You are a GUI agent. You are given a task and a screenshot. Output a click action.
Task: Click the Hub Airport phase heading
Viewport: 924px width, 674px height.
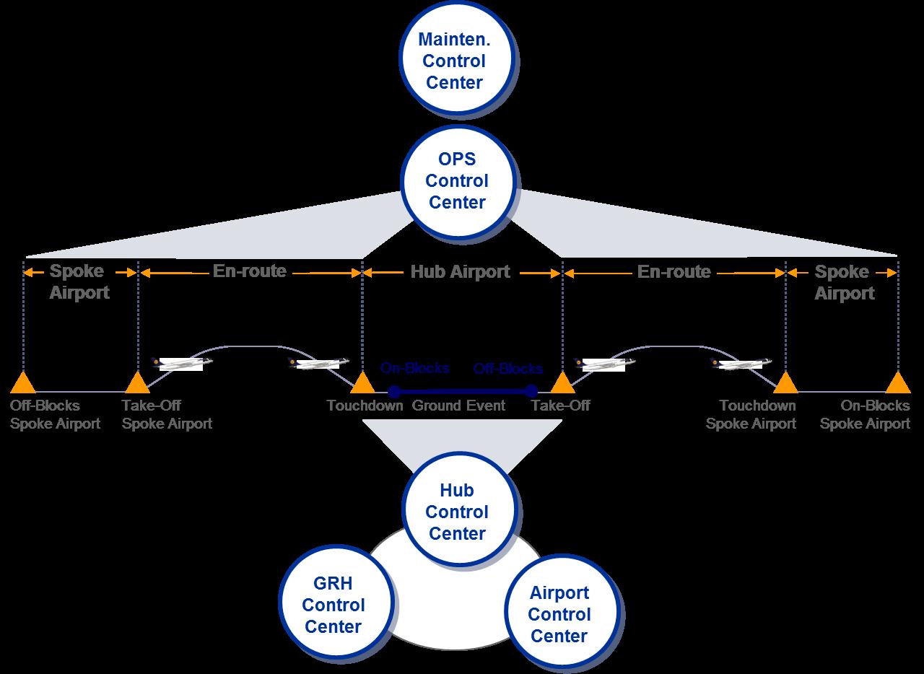click(460, 272)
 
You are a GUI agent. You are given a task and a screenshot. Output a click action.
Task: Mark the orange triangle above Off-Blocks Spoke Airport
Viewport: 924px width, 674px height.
click(23, 382)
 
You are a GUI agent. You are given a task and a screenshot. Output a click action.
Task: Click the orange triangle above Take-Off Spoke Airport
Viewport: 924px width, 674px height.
click(137, 382)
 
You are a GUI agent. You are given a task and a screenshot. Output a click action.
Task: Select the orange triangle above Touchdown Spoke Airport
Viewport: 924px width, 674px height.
click(785, 382)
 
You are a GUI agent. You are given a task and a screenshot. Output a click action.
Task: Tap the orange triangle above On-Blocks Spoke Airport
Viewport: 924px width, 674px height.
click(898, 382)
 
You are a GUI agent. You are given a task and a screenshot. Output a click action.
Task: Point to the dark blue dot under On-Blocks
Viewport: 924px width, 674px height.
click(394, 392)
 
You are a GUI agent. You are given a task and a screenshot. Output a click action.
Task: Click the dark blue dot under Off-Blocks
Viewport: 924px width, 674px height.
click(531, 392)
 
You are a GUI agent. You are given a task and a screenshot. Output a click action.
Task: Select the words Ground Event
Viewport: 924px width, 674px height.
click(458, 406)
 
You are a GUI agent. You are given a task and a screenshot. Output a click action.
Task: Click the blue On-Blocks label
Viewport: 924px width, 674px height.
click(415, 369)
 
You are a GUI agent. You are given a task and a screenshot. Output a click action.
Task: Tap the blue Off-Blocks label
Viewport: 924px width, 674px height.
click(508, 369)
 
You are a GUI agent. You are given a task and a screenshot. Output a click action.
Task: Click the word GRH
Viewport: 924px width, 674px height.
click(333, 584)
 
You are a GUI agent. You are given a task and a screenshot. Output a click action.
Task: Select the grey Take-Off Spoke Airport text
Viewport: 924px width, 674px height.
click(167, 414)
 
